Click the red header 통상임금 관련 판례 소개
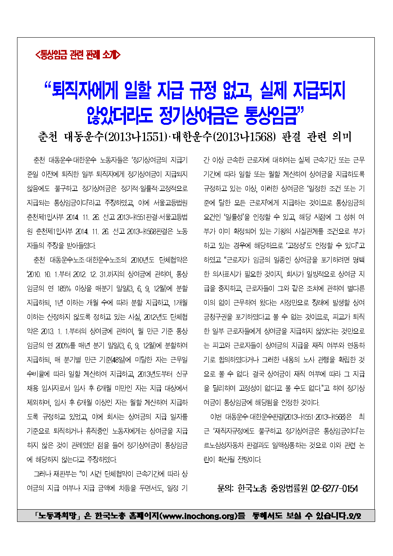click(78, 55)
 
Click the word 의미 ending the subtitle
click(341, 137)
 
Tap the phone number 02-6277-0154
click(334, 488)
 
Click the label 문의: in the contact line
click(225, 488)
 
